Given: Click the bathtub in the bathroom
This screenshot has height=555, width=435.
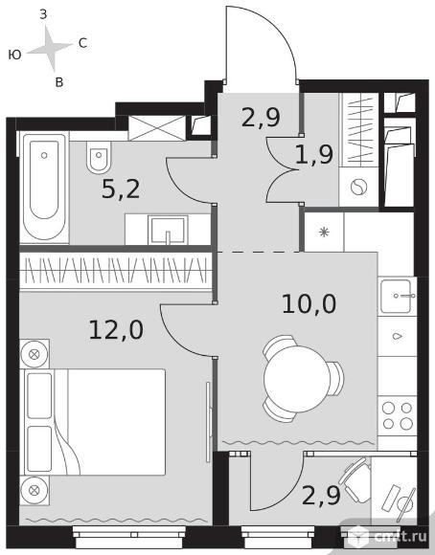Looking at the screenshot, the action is (x=44, y=188).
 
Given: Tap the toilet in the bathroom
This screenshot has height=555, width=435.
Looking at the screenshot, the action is (x=99, y=157).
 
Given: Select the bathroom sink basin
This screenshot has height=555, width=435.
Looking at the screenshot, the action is (x=168, y=230).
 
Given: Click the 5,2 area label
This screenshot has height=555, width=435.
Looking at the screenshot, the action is (x=121, y=189).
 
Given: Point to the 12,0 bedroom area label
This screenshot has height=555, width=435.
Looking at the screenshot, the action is (x=116, y=329).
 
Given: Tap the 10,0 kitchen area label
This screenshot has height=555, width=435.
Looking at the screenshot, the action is (x=309, y=303).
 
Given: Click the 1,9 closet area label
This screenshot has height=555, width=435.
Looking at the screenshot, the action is (x=314, y=155).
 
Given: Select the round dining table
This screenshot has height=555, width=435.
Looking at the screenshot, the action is (x=297, y=379).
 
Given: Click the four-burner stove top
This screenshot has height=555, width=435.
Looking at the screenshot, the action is (x=397, y=416).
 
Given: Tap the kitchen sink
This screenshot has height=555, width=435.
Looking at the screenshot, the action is (x=397, y=296).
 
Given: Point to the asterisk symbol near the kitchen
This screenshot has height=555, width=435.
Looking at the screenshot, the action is (x=324, y=233).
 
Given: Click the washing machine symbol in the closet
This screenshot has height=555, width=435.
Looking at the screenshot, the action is (x=358, y=187).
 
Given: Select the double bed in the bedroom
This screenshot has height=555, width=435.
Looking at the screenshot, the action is (x=95, y=422).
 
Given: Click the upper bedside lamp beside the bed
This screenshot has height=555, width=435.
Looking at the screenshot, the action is (x=34, y=354).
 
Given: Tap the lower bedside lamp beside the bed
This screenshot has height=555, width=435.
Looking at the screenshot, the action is (x=34, y=490).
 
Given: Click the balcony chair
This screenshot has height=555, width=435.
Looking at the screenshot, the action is (x=355, y=480).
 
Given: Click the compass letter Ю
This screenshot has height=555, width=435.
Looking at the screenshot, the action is (x=15, y=55).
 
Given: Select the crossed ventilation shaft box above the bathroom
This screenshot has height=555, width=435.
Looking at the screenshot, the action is (x=157, y=128).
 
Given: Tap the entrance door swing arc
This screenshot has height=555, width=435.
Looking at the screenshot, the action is (x=277, y=29).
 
